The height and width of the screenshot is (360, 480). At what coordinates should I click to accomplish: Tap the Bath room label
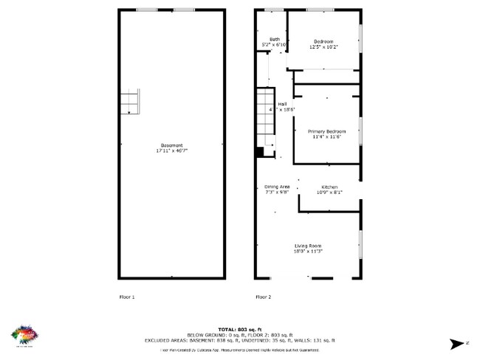tap(274, 40)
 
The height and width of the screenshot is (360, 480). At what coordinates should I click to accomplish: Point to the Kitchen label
tap(329, 187)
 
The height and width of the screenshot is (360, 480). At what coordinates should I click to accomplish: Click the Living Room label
tap(309, 246)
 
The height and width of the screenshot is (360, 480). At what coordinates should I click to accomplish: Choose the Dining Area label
tap(277, 187)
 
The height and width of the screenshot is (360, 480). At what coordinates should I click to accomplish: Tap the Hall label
tap(282, 104)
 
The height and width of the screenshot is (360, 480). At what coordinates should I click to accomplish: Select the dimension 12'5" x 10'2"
tap(324, 46)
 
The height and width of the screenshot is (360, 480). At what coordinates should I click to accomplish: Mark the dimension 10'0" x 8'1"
tap(329, 193)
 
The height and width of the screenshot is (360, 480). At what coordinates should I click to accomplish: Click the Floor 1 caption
tap(127, 297)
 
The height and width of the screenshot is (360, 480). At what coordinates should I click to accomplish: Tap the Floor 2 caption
tap(263, 297)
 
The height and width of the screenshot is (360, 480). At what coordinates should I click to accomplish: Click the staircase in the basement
tap(130, 102)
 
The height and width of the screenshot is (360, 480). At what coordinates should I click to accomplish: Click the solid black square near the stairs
tap(259, 152)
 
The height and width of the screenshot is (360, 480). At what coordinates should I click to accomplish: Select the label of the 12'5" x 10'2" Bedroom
tap(324, 41)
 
